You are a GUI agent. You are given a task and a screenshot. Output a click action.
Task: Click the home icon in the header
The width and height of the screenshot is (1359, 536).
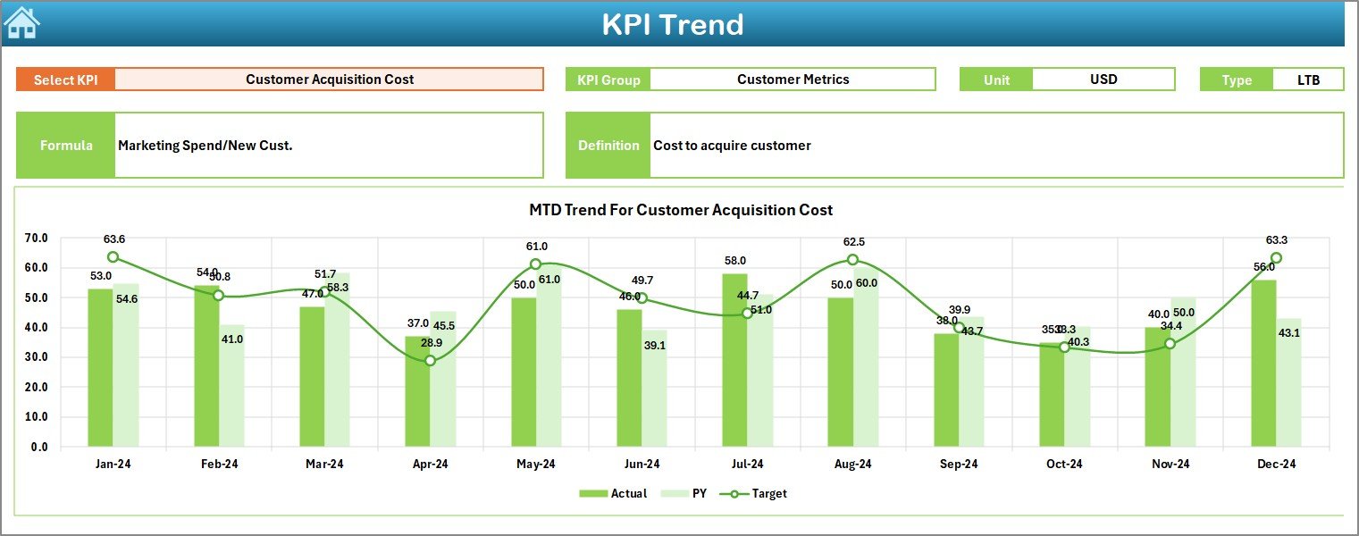21,22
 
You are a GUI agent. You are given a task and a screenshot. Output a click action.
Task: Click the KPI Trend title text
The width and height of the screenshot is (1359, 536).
672,24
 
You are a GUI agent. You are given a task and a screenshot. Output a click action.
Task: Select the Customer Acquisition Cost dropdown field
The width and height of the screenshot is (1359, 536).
329,80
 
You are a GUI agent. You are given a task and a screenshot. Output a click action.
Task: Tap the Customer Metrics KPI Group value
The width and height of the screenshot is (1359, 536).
793,80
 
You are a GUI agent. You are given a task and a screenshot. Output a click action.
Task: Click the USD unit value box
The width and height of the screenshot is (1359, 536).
1103,80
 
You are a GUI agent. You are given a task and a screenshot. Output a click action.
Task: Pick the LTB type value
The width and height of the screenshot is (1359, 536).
1308,80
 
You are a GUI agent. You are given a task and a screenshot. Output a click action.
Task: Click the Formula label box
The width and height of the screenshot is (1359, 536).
66,146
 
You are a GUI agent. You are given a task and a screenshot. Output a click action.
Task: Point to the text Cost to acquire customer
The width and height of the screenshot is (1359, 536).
732,146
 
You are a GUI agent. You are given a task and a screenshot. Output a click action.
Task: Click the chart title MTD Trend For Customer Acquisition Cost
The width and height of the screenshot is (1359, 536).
680,210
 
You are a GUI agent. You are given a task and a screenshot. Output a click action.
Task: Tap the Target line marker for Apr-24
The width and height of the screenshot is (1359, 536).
430,361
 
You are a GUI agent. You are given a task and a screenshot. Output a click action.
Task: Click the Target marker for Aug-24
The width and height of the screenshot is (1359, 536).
852,260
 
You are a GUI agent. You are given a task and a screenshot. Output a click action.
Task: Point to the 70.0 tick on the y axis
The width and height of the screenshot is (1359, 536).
37,239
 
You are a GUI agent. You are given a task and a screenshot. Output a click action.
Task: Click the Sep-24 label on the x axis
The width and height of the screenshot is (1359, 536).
959,465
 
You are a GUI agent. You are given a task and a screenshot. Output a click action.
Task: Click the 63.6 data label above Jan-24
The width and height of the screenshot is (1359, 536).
114,239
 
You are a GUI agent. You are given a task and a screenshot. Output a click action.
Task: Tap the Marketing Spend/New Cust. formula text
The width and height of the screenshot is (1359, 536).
206,146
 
